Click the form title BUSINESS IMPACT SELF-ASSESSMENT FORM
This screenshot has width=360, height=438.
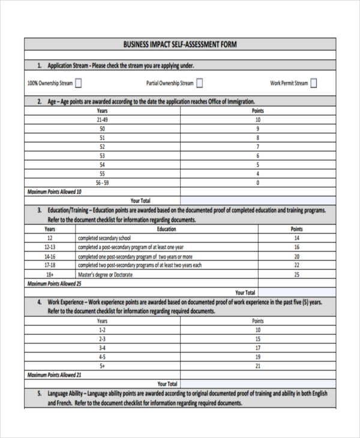pyautogui.click(x=180, y=44)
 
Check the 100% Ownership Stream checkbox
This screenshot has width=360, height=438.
pyautogui.click(x=79, y=83)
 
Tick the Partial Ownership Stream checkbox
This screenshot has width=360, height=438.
pyautogui.click(x=200, y=83)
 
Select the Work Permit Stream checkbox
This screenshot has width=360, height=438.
pyautogui.click(x=314, y=83)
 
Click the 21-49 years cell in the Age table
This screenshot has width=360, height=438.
pyautogui.click(x=102, y=120)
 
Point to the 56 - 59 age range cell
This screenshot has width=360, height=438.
pyautogui.click(x=102, y=182)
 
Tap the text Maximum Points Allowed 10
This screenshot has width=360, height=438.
pyautogui.click(x=55, y=191)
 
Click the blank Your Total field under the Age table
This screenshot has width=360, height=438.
pyautogui.click(x=257, y=200)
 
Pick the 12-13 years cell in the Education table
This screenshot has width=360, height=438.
pyautogui.click(x=50, y=247)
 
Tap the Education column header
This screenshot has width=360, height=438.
pyautogui.click(x=166, y=229)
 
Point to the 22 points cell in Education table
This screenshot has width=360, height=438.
pyautogui.click(x=296, y=265)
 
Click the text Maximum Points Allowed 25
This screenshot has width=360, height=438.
pyautogui.click(x=55, y=283)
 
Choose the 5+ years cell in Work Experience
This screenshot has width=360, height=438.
pyautogui.click(x=102, y=365)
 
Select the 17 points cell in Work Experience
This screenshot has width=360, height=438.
pyautogui.click(x=257, y=347)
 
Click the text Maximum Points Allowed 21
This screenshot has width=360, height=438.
pyautogui.click(x=55, y=374)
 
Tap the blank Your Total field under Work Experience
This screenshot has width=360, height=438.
pyautogui.click(x=257, y=383)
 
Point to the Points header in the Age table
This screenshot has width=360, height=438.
pyautogui.click(x=257, y=111)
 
